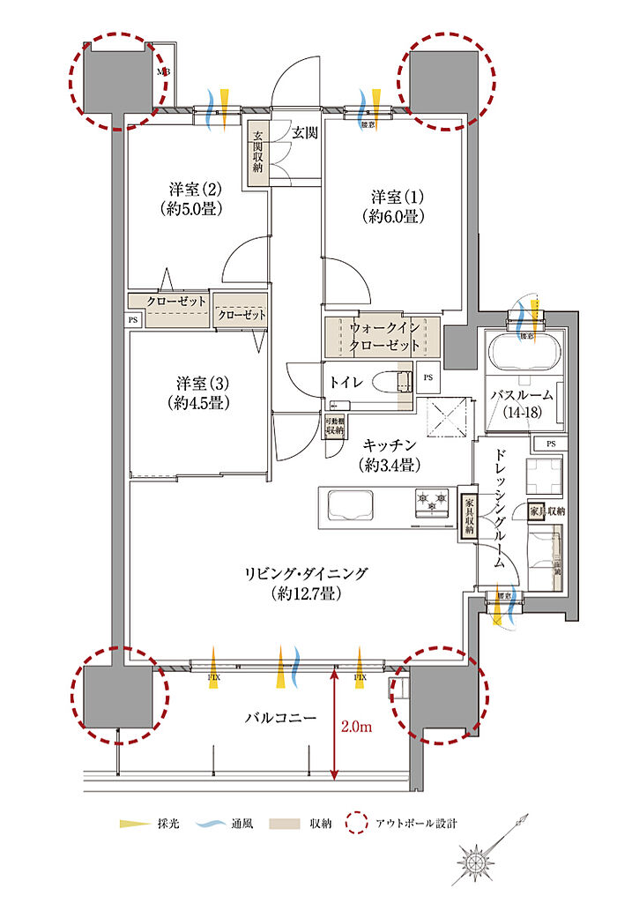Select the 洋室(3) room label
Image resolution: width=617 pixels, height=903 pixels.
point(202,392)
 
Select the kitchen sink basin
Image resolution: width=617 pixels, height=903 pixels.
point(350,506)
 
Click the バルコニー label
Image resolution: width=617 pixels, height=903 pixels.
point(280,718)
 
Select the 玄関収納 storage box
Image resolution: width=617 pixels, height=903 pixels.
point(258,153)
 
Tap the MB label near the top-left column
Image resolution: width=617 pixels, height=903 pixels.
point(164,72)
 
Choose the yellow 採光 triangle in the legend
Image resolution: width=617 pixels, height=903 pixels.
point(130,824)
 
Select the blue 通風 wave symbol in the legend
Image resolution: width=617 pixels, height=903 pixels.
point(205,824)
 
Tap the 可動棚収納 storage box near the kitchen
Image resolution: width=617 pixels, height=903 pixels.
point(334,427)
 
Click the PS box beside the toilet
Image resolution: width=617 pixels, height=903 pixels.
point(428,376)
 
